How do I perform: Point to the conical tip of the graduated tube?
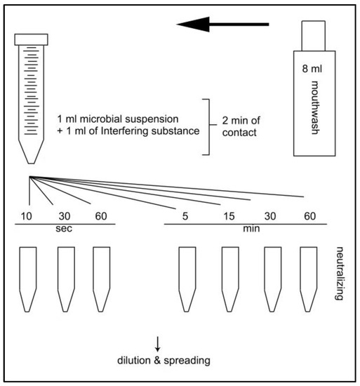tap(31, 150)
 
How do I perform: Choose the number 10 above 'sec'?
tap(27, 215)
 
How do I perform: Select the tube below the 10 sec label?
tap(28, 278)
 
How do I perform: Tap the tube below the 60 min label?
tap(309, 278)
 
